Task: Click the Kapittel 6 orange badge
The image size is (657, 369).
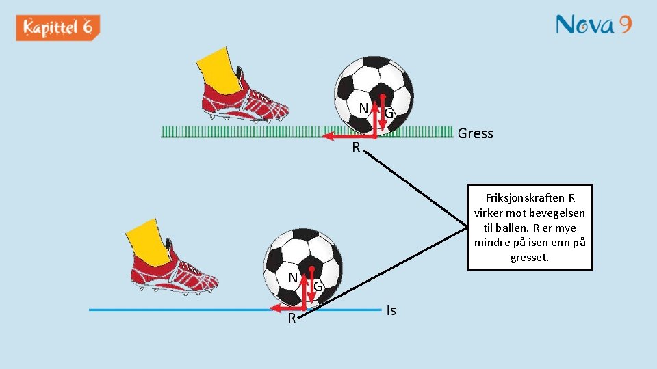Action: tap(58, 28)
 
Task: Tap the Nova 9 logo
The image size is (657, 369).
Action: tap(593, 25)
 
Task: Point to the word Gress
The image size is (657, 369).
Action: tap(475, 133)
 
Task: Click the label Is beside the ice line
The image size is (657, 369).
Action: tap(391, 310)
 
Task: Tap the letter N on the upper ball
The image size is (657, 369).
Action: tap(365, 108)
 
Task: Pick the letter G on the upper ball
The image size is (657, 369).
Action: tap(389, 113)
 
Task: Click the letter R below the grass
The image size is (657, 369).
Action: tap(356, 147)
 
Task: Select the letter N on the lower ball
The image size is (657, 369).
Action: tap(292, 277)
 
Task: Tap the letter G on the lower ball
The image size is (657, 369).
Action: tap(318, 287)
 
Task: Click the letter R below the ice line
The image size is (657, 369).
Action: tap(292, 318)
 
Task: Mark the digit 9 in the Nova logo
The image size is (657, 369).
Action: tap(623, 25)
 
